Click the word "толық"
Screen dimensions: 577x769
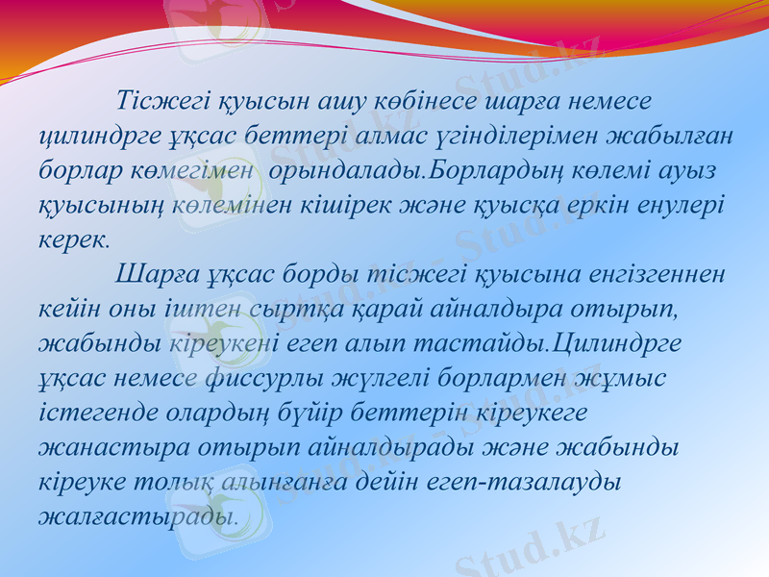[x=189, y=482]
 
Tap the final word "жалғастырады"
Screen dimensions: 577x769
[x=136, y=516]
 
